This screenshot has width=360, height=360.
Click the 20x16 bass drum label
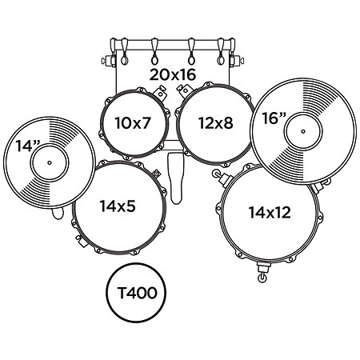[173, 74]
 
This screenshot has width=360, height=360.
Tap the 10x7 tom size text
[133, 123]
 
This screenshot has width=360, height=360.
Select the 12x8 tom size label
[216, 123]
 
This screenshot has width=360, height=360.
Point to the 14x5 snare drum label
[118, 206]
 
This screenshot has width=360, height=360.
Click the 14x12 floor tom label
[270, 213]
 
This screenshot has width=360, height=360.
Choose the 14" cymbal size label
[27, 146]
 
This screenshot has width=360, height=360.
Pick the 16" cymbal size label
[274, 118]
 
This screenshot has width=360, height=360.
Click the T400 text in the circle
[137, 293]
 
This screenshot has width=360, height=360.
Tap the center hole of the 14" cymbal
[49, 162]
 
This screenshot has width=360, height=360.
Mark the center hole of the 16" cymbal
[303, 131]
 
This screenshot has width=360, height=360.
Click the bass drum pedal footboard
[176, 178]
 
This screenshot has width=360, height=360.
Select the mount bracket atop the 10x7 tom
[160, 93]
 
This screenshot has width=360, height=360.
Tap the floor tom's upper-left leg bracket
[221, 178]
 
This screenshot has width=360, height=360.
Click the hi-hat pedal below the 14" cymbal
[58, 214]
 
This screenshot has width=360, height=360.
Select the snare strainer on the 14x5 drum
[81, 242]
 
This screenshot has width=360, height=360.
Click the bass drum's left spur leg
[109, 60]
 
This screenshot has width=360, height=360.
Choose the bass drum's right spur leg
[236, 60]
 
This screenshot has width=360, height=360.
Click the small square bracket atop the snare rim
[156, 174]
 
